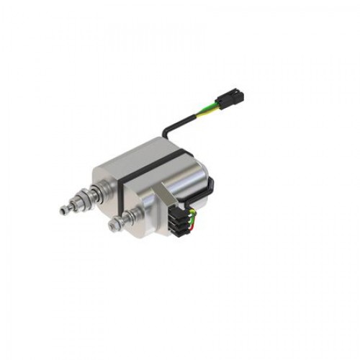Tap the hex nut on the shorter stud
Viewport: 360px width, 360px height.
115,226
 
